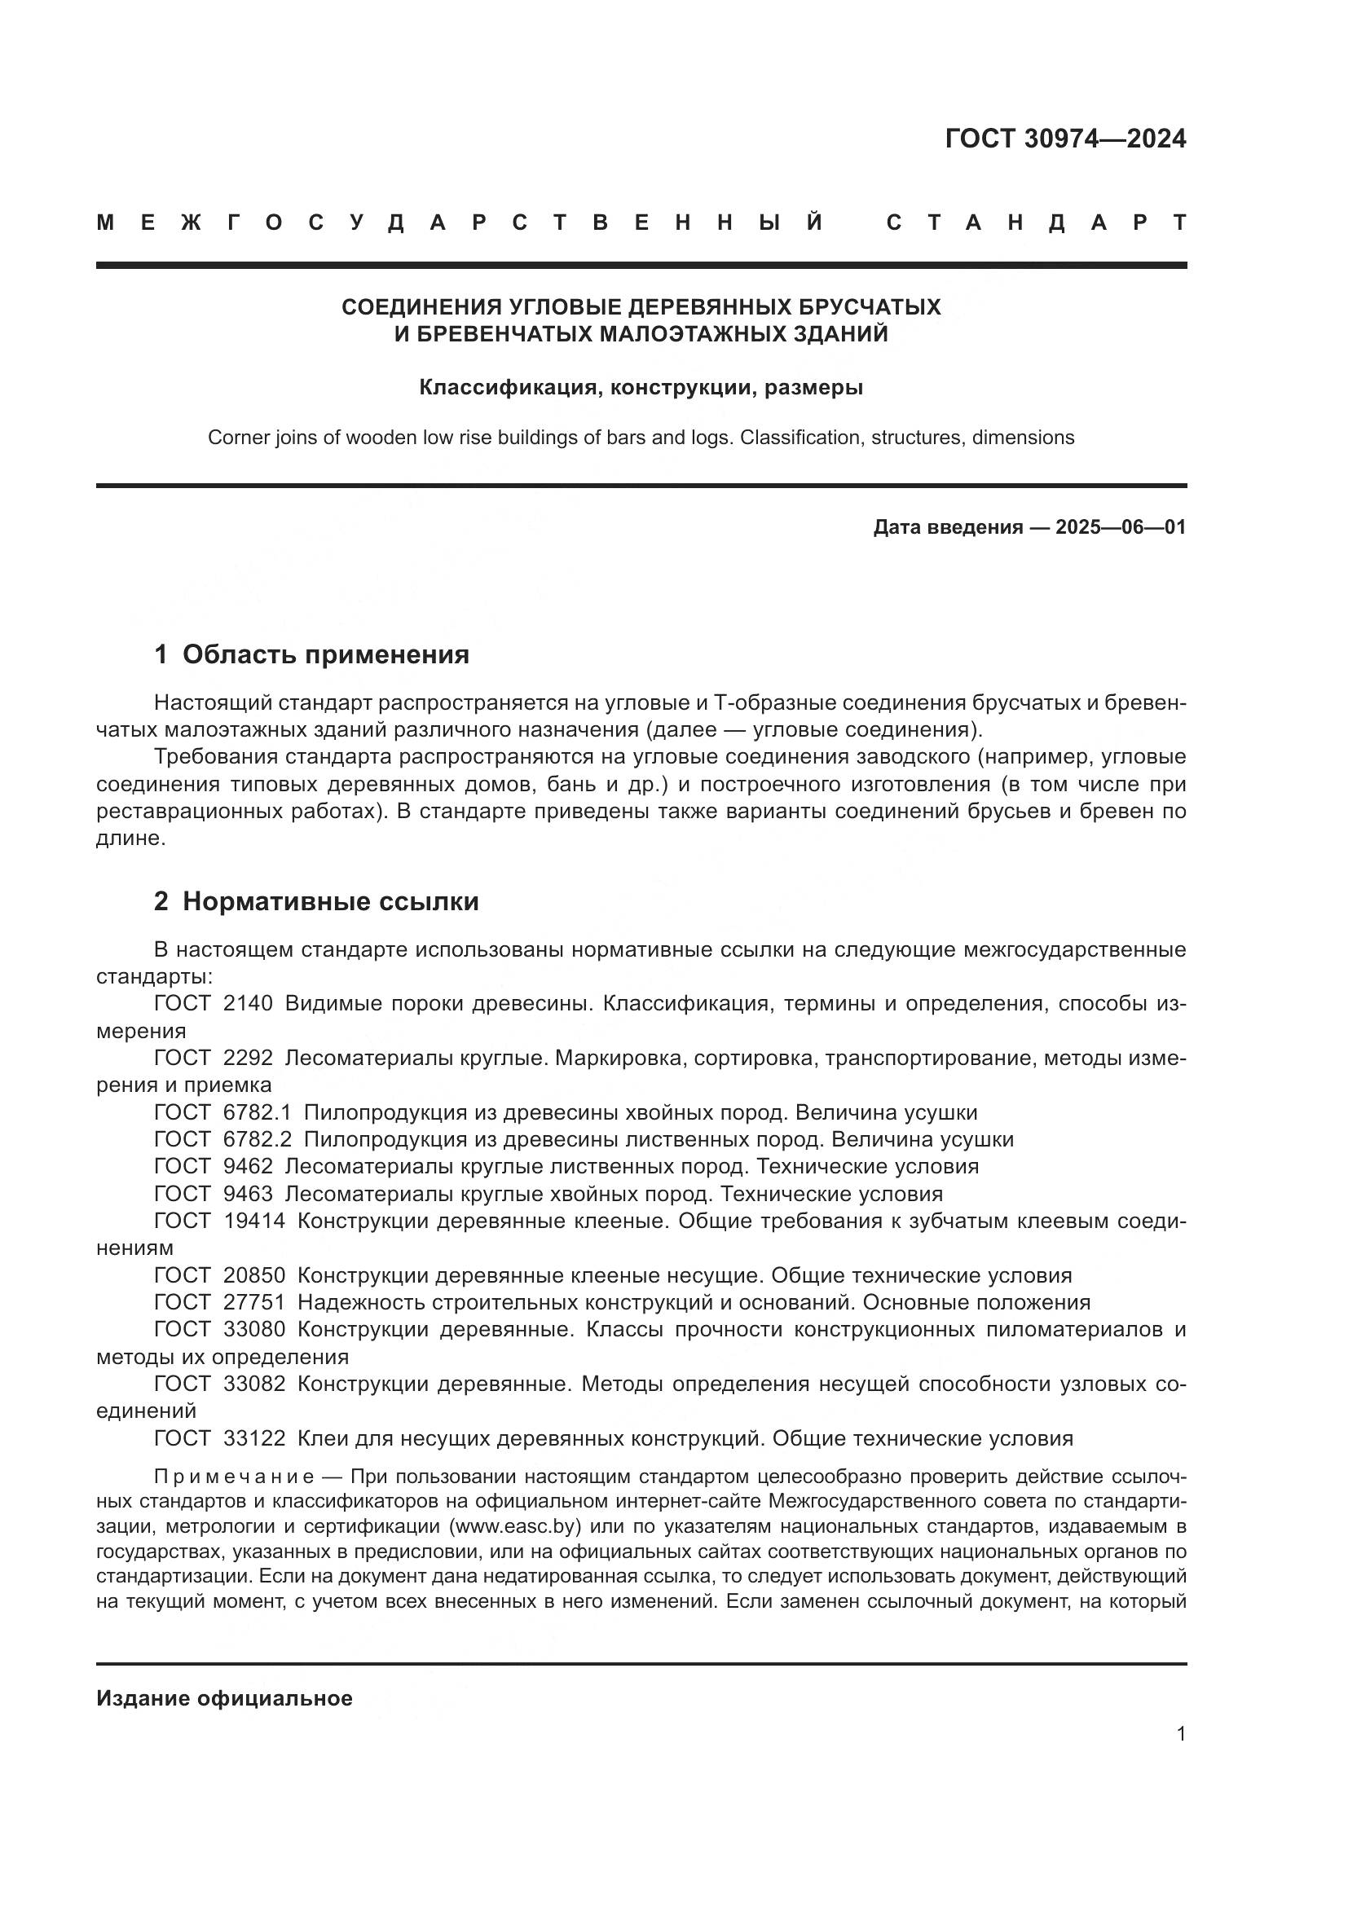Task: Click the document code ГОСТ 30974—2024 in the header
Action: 1065,139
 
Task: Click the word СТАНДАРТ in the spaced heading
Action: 1036,222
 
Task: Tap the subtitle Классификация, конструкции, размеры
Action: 641,387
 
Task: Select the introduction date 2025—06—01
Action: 1121,527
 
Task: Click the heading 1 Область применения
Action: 311,655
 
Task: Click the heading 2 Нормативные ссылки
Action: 316,901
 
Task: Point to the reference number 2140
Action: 248,1004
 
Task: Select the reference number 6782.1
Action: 257,1112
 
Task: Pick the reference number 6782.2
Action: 257,1139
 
